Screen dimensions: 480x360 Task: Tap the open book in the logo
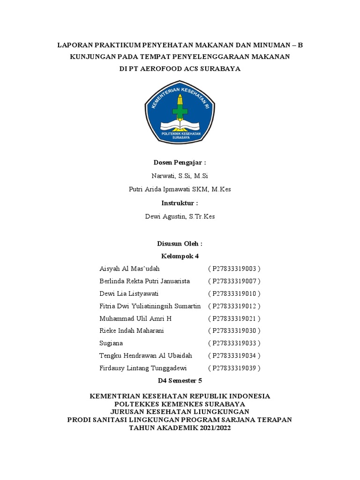(x=180, y=125)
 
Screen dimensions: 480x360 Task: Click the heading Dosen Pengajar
(x=180, y=163)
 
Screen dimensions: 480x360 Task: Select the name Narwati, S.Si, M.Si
(x=180, y=176)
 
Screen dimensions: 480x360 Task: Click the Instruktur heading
(x=180, y=203)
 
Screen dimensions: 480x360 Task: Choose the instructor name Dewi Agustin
(x=180, y=217)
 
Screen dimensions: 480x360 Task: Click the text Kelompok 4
(x=180, y=256)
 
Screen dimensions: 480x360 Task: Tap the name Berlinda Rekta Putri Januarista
(x=145, y=281)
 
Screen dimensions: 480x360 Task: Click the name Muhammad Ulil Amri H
(x=135, y=319)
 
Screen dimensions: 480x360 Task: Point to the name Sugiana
(x=111, y=344)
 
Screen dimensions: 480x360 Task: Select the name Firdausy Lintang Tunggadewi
(x=143, y=368)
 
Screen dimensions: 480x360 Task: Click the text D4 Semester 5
(x=180, y=381)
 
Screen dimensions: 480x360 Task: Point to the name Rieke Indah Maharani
(x=132, y=331)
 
